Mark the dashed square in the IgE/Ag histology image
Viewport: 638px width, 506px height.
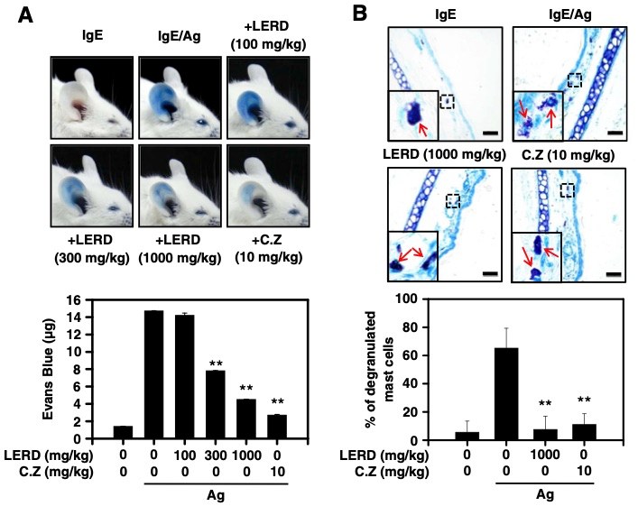(575, 80)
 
